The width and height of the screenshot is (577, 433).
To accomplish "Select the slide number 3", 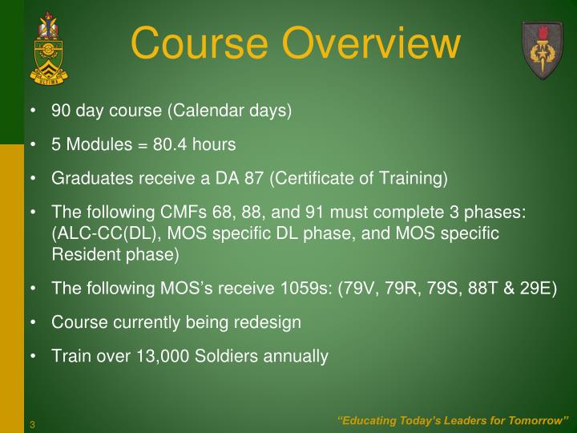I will pyautogui.click(x=33, y=424).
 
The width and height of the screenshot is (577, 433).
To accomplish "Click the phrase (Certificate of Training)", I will pyautogui.click(x=359, y=178).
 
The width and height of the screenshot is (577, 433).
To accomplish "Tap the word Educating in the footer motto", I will pyautogui.click(x=367, y=421).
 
